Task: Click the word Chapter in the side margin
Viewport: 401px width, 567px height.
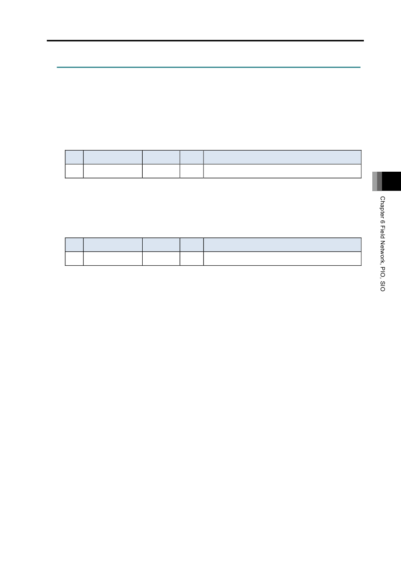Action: [382, 208]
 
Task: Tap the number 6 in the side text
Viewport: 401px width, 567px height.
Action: [382, 222]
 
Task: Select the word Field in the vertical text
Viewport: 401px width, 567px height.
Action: [382, 232]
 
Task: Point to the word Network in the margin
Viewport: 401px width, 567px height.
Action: [382, 253]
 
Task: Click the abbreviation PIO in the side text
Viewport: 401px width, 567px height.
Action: [382, 272]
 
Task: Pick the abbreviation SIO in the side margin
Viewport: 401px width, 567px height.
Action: [382, 286]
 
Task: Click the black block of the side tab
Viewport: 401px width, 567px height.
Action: [391, 181]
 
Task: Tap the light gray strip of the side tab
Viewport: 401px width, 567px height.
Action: [375, 181]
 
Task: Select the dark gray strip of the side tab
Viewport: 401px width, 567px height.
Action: [379, 181]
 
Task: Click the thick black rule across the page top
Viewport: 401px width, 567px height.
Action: [205, 40]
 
